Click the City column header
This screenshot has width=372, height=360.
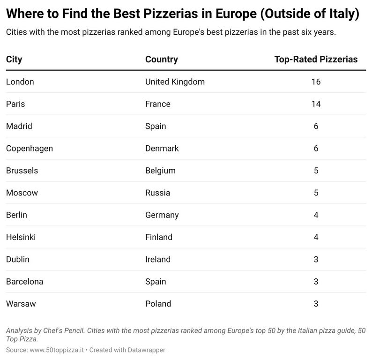(14, 60)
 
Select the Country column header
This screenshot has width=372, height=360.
(161, 60)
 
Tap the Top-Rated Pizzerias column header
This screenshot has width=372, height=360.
(316, 60)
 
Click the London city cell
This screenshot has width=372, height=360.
(20, 82)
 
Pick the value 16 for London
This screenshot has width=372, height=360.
(316, 82)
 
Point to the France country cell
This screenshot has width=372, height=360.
(158, 104)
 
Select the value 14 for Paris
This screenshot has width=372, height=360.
(316, 104)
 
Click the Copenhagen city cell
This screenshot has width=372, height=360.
(30, 148)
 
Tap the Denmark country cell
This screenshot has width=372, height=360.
(162, 148)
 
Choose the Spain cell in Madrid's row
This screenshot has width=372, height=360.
(156, 126)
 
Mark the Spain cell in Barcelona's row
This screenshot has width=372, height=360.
(156, 282)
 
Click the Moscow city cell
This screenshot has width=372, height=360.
(22, 193)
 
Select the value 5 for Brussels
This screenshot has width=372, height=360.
(316, 171)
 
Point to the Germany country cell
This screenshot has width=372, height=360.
(162, 215)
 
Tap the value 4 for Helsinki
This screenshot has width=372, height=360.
(316, 237)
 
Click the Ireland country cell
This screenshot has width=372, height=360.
(158, 259)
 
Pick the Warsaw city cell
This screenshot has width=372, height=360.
(21, 304)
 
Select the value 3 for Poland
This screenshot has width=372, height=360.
(316, 304)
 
